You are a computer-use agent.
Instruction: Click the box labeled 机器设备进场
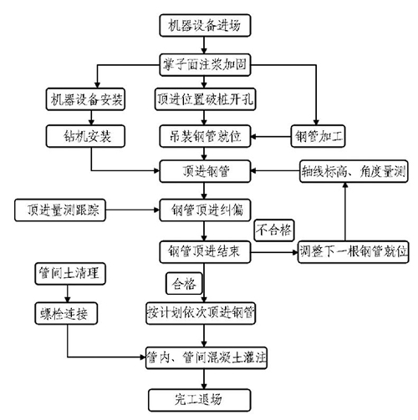pos(205,25)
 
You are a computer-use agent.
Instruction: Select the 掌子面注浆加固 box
pos(205,65)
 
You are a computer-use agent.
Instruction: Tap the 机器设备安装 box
pos(85,99)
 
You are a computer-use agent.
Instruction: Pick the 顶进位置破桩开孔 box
pos(205,99)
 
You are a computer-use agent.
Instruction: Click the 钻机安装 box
pos(85,136)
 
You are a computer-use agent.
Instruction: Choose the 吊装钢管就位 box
pos(205,136)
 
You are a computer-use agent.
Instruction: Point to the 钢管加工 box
pos(318,136)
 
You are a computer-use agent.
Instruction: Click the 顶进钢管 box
pos(205,171)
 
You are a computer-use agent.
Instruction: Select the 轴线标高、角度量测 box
pos(354,171)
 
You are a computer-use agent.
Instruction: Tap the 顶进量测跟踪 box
pos(60,210)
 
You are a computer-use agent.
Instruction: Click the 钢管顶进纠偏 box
pos(205,210)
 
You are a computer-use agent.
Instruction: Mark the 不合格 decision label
pos(274,230)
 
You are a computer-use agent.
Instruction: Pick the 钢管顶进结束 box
pos(205,252)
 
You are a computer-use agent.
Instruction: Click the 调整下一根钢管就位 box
pos(354,252)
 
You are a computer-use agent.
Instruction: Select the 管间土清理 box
pos(70,274)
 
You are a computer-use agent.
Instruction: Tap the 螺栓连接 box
pos(66,313)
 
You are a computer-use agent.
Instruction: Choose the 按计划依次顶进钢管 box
pos(201,313)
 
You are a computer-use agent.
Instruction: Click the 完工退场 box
pos(200,400)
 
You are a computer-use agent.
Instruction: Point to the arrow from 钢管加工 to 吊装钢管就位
pos(271,136)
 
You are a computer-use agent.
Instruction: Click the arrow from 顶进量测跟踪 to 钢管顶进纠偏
pos(132,210)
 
